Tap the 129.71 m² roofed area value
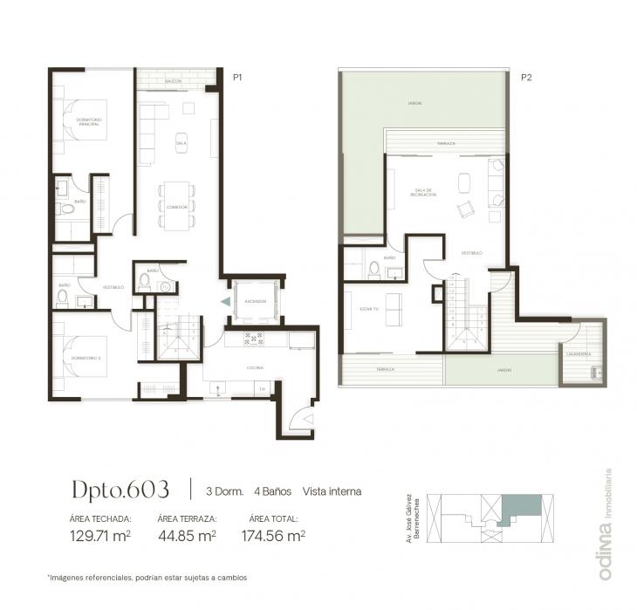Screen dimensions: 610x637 point(99,536)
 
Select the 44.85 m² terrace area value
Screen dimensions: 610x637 point(187,536)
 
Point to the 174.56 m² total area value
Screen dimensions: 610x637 point(272,536)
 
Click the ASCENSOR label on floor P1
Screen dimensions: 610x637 point(255,301)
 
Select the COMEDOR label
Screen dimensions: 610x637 point(177,206)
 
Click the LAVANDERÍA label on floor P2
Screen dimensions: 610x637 point(579,354)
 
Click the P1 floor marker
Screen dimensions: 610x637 point(236,78)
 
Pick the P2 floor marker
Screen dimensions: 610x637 point(526,78)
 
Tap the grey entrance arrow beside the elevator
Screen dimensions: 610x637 point(225,301)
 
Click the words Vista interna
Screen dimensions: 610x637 point(332,491)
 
